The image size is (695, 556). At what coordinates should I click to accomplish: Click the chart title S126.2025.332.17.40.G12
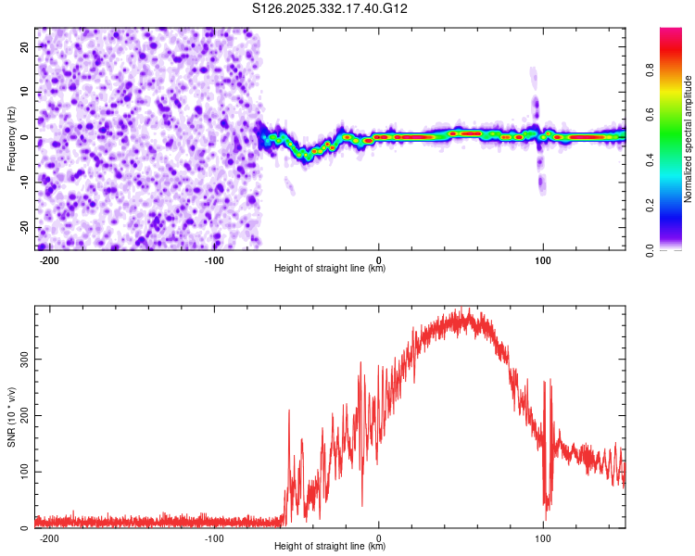tap(331, 9)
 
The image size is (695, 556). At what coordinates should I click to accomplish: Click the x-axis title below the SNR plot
tap(330, 548)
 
